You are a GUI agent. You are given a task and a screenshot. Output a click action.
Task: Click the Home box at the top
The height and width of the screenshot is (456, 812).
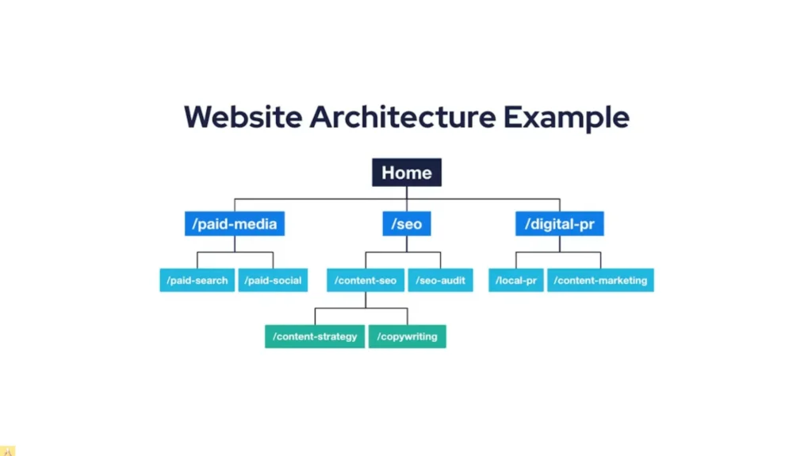coord(406,173)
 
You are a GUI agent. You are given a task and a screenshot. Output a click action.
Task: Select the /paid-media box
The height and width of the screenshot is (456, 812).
coord(234,224)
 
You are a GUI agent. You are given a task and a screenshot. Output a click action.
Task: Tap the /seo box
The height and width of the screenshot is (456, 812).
coord(406,224)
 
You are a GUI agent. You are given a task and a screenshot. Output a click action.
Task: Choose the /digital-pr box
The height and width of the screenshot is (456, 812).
coord(559,224)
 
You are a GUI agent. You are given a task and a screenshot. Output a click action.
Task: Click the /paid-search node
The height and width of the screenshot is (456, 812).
coord(197,280)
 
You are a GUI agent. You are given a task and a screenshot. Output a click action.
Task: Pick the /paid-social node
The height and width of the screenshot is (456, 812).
coord(273,280)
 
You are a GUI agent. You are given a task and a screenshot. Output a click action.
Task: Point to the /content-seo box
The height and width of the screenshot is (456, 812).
coord(366,280)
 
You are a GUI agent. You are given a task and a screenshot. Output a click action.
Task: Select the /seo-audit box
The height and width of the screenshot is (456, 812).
coord(441,280)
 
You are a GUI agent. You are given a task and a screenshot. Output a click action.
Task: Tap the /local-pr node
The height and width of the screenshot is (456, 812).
coord(516,280)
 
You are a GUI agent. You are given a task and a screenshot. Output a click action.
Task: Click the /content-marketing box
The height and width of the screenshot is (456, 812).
coord(600,280)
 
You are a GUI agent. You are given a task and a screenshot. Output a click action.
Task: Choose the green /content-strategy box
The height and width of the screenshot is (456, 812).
coord(315,336)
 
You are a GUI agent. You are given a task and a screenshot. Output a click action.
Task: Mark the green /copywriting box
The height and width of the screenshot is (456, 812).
coord(408,336)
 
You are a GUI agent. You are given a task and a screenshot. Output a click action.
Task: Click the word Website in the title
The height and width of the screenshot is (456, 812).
coord(243,117)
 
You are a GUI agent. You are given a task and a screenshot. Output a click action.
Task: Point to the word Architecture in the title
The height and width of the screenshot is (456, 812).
coord(402,117)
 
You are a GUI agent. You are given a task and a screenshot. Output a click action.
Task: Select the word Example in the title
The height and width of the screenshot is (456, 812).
coord(566,117)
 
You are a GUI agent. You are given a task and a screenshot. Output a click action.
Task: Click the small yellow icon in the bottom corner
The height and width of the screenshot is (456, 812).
coord(7,450)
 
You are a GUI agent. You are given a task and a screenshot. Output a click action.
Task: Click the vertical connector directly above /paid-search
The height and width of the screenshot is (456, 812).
coord(197,260)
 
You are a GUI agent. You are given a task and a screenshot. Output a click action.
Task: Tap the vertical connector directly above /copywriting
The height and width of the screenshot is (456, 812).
coord(408,317)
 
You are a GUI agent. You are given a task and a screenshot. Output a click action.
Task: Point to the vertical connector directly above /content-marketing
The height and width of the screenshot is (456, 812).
coord(600,260)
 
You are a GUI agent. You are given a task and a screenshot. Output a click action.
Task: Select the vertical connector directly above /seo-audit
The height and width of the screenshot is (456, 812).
coord(441,260)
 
